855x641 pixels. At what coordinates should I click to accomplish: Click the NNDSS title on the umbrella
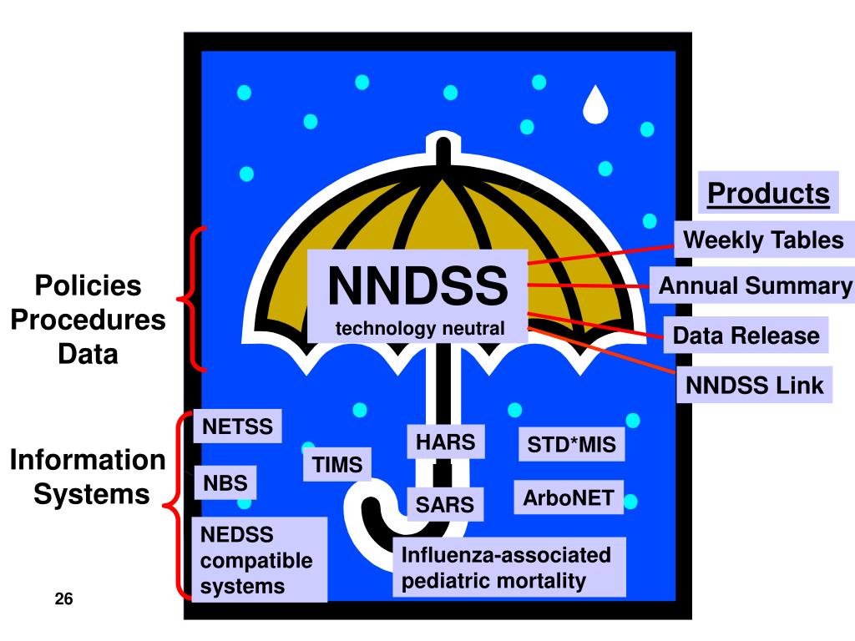(x=417, y=285)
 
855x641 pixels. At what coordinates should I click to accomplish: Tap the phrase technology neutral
(x=420, y=329)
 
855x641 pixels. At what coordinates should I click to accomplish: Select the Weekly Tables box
(x=763, y=240)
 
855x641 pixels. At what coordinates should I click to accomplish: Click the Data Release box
(x=746, y=336)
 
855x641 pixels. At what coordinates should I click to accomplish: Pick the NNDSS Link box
(x=754, y=385)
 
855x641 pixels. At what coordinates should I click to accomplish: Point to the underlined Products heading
(x=768, y=194)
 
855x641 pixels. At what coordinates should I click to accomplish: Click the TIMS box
(x=337, y=465)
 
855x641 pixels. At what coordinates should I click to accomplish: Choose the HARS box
(x=446, y=442)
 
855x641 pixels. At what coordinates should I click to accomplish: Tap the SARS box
(x=445, y=503)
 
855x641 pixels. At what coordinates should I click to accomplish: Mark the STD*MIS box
(x=571, y=446)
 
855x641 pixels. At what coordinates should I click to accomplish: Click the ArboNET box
(x=568, y=498)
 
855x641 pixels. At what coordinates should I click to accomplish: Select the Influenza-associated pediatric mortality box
(x=509, y=568)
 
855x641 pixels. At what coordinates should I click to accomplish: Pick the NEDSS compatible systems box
(x=259, y=559)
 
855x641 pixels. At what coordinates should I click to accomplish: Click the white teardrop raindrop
(x=596, y=102)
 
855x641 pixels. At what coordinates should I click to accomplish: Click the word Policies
(x=88, y=286)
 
